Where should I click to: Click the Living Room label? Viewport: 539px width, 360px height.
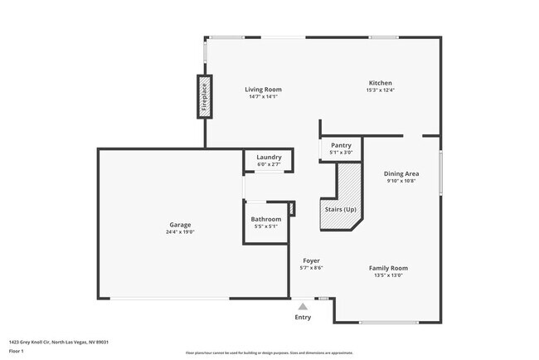(263, 90)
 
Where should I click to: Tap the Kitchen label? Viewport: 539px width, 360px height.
(381, 83)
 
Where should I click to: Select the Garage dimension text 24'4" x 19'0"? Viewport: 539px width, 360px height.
(180, 232)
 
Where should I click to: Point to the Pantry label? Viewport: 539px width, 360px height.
(341, 145)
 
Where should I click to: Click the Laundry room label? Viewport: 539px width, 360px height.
(269, 157)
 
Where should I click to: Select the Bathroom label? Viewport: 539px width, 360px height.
(265, 219)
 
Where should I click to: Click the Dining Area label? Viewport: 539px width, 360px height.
(401, 173)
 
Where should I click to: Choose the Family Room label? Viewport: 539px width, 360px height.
(388, 268)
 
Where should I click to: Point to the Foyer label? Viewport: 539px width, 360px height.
(311, 260)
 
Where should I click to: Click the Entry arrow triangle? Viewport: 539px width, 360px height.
(303, 306)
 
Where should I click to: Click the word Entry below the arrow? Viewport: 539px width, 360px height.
(303, 318)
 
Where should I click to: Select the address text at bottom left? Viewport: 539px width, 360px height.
(59, 341)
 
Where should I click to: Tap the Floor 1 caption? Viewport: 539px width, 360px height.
(17, 351)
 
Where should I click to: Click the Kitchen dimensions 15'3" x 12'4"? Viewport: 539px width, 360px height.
(381, 90)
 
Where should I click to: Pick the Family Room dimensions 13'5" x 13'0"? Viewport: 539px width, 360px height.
(388, 275)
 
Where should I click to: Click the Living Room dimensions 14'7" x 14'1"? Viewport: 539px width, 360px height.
(263, 97)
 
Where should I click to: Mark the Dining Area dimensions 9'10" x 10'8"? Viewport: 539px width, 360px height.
(401, 181)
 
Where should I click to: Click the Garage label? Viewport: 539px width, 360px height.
(180, 225)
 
